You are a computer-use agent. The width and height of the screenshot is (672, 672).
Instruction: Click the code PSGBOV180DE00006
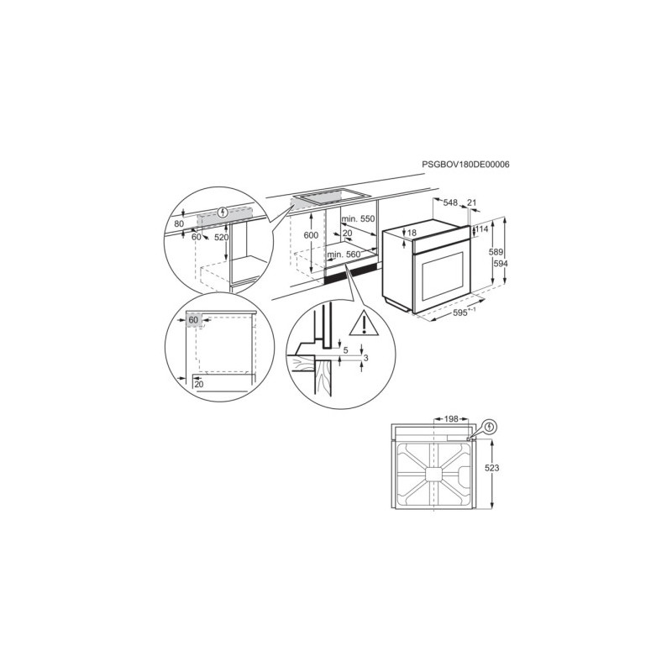pyautogui.click(x=465, y=164)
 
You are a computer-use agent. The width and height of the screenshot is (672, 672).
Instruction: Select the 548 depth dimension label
pyautogui.click(x=450, y=202)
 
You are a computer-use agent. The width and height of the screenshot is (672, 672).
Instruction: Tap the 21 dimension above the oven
pyautogui.click(x=471, y=202)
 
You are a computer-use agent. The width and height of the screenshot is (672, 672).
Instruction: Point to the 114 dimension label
pyautogui.click(x=481, y=229)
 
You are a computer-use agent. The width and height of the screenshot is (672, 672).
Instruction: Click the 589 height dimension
pyautogui.click(x=496, y=252)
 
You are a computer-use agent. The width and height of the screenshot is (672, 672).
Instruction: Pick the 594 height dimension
pyautogui.click(x=501, y=264)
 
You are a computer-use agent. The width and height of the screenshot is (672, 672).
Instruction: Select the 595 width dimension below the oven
pyautogui.click(x=459, y=312)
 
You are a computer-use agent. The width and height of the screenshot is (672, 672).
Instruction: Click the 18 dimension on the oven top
pyautogui.click(x=412, y=233)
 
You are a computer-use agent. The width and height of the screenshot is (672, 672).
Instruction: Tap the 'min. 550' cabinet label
pyautogui.click(x=358, y=219)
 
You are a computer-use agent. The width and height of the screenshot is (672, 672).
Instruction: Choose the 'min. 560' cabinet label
pyautogui.click(x=344, y=255)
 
